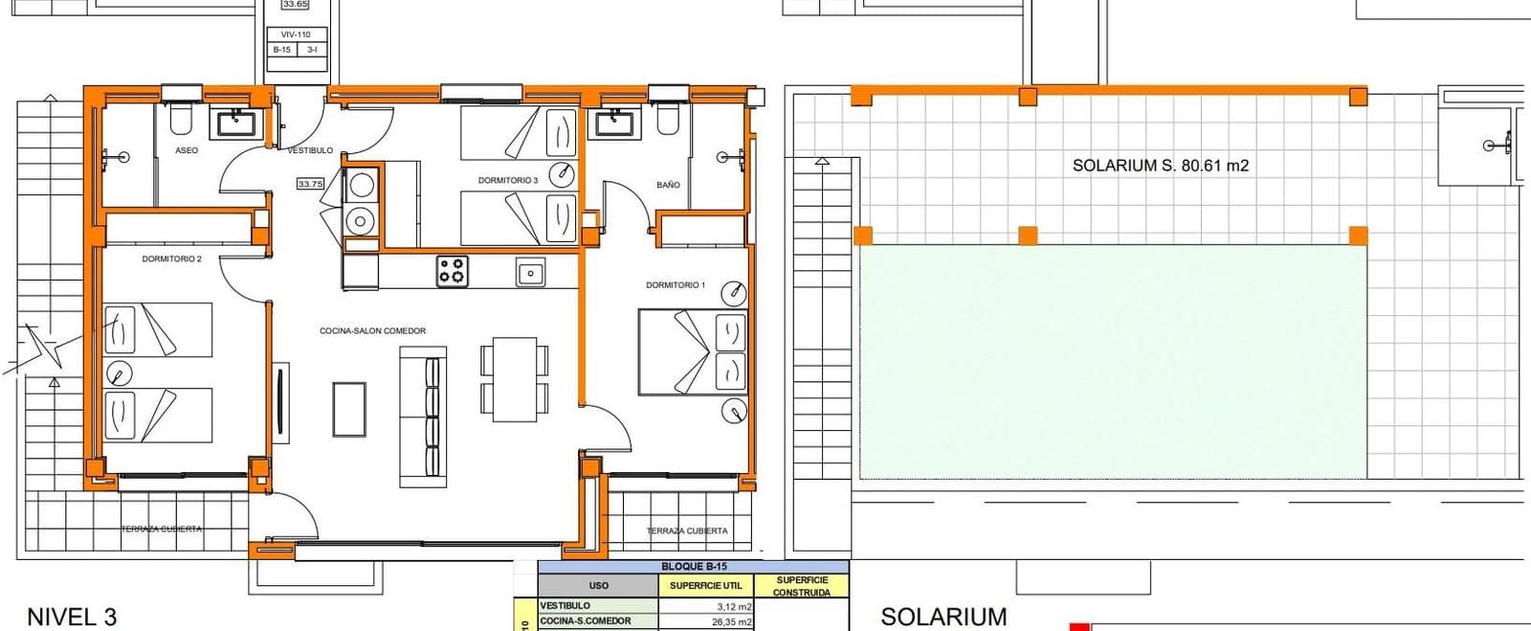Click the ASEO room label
tap(187, 150)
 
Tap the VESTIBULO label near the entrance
tap(310, 150)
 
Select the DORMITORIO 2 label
tap(171, 259)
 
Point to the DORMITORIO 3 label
tap(508, 180)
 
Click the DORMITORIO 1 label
tap(676, 285)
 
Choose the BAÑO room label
tap(668, 185)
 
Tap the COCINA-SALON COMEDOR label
tap(372, 331)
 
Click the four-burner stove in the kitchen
tap(453, 271)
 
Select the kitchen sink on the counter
tap(530, 273)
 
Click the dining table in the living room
tap(515, 379)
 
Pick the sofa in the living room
tap(423, 415)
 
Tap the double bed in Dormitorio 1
tap(693, 351)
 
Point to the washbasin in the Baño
tap(612, 124)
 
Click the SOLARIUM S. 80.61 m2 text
tap(1160, 166)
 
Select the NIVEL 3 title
tap(72, 617)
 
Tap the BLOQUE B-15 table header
tap(694, 567)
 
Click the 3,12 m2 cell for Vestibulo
tap(734, 606)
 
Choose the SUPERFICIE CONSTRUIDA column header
tap(801, 586)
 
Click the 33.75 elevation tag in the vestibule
tap(310, 184)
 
